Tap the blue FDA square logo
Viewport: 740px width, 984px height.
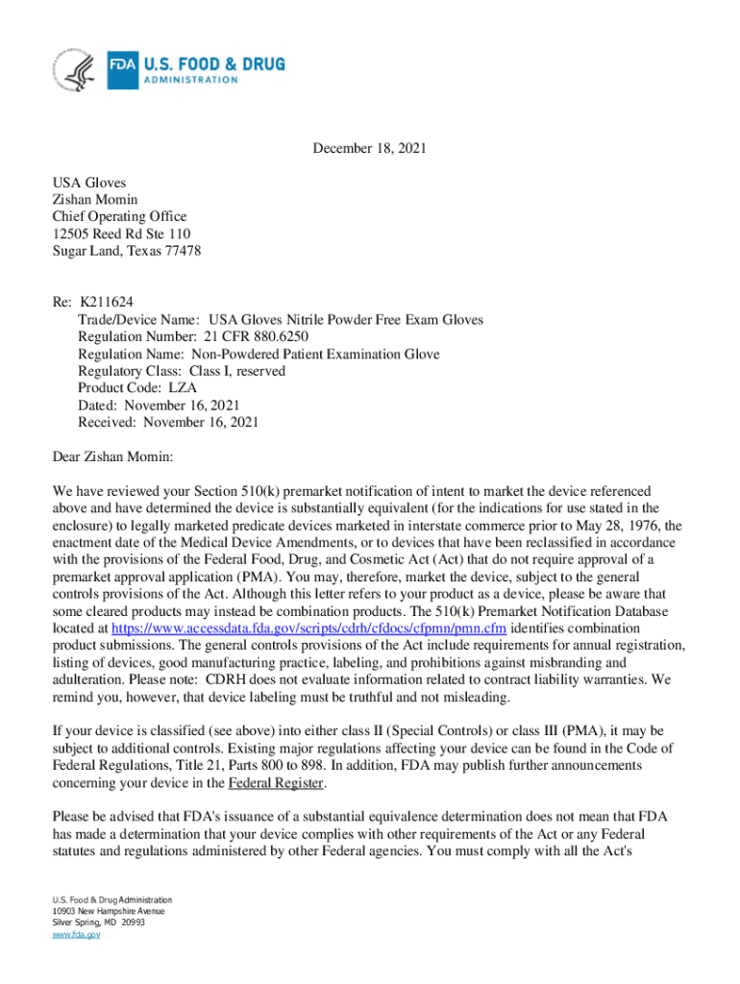[122, 69]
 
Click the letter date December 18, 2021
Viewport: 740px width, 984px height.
[369, 149]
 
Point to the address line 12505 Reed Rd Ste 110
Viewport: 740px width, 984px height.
[121, 234]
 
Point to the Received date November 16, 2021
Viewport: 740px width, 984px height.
[200, 423]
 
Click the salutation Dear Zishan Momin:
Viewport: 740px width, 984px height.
[111, 456]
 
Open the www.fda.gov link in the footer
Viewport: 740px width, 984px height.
[77, 933]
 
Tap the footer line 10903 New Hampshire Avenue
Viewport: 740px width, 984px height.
[109, 911]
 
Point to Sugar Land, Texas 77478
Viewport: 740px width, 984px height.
[126, 252]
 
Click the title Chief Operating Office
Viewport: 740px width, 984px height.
[119, 217]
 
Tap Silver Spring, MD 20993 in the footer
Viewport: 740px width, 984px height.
[99, 922]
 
